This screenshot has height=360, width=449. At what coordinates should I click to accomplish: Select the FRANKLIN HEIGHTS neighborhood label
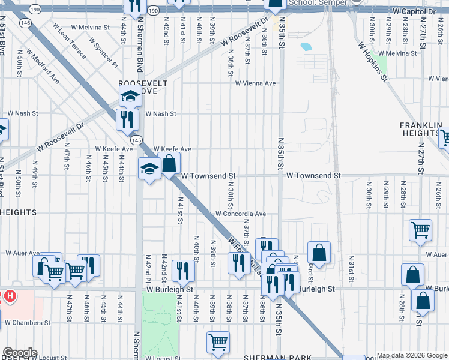[x=424, y=129]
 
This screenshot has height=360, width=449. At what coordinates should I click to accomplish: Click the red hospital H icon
[x=9, y=296]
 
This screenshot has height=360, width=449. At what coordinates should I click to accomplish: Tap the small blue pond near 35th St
[x=305, y=46]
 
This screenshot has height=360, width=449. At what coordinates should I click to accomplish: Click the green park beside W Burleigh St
[x=159, y=324]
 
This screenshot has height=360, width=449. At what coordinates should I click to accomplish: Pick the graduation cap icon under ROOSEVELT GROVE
[x=130, y=95]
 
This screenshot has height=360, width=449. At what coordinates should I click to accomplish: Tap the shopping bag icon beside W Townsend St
[x=169, y=162]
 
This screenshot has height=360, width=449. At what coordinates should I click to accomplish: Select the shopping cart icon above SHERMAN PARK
[x=218, y=341]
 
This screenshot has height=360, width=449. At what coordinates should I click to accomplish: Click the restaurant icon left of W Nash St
[x=127, y=118]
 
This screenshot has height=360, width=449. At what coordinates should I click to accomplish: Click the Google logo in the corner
[x=20, y=353]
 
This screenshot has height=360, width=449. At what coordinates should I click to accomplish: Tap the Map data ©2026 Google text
[x=412, y=355]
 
